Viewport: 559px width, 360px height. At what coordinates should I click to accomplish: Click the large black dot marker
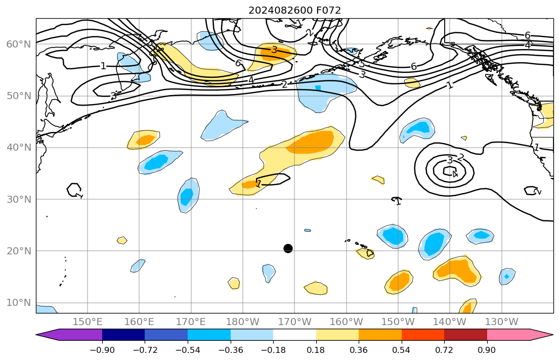coord(288,248)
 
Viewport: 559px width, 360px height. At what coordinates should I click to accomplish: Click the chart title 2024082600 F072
coord(294,10)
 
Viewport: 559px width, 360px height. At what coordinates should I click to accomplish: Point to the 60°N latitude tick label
coord(18,44)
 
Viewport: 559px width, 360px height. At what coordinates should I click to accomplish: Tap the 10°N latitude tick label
coord(18,303)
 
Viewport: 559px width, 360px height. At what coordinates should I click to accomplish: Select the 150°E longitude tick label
coord(88,322)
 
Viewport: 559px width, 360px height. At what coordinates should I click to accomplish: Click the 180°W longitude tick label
coord(243,322)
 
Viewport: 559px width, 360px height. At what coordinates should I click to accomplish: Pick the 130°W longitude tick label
coord(501,322)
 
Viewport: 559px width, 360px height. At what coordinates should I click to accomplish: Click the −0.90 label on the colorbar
coord(102,350)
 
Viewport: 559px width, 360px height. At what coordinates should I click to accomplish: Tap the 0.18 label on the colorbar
coord(316,350)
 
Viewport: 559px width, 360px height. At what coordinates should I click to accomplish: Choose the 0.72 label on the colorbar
coord(444,350)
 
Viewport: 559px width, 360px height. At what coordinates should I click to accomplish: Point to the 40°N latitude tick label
coord(18,148)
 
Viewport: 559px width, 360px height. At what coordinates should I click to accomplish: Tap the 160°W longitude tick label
coord(347,322)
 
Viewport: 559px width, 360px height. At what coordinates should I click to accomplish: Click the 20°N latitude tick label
coord(18,251)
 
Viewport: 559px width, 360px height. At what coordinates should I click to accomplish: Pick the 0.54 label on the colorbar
coord(402,350)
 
